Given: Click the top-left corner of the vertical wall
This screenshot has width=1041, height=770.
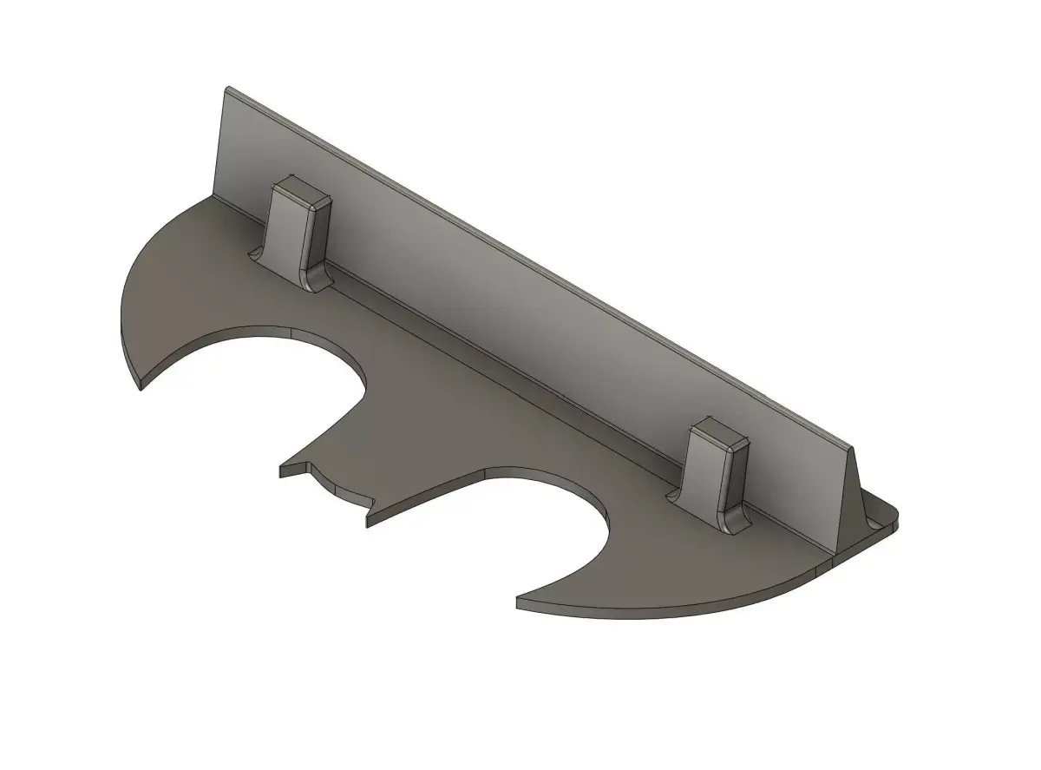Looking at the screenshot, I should (x=227, y=89).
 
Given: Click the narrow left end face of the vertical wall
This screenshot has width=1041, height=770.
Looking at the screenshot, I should (x=220, y=143).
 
